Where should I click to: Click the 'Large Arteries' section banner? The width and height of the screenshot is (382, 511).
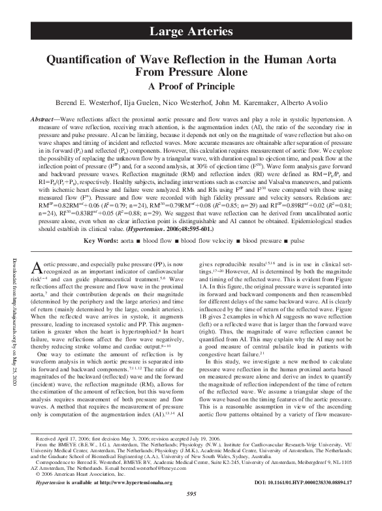[x=191, y=31]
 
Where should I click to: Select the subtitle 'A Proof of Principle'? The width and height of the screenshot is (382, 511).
[x=191, y=85]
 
